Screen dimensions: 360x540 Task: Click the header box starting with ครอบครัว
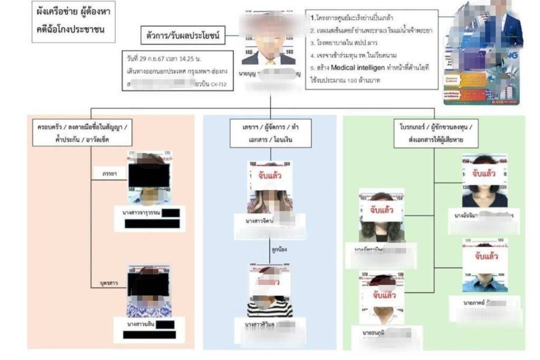[x=82, y=134]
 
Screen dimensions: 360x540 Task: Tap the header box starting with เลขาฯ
[x=270, y=134]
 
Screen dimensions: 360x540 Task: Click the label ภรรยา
[x=109, y=174]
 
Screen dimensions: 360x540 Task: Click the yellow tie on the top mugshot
[x=270, y=61]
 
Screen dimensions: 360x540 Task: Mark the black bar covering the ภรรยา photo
[x=149, y=175]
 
